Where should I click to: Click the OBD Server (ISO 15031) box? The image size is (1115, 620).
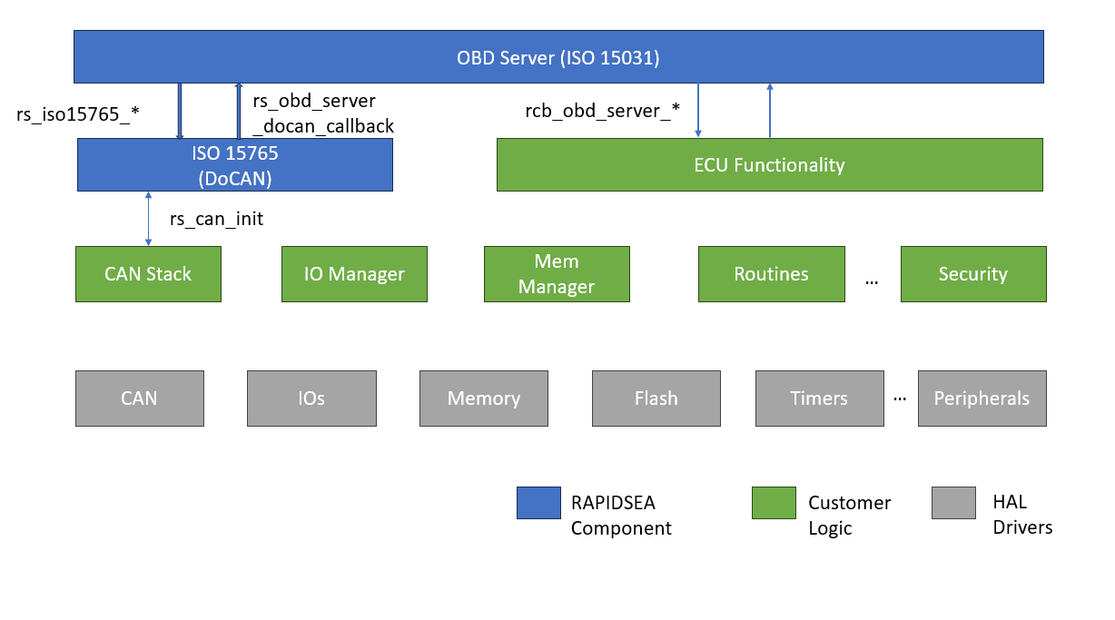point(558,56)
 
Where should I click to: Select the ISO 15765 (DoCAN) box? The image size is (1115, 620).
point(235,164)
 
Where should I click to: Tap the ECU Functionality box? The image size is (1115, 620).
point(770,164)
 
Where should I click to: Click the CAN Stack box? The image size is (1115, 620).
point(148,274)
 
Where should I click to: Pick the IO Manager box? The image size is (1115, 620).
point(354,274)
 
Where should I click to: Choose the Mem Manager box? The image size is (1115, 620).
point(557,274)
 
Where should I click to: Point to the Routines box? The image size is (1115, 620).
point(772,274)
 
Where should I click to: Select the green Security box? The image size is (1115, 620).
point(973,274)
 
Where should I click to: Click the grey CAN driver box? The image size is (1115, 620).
point(140,399)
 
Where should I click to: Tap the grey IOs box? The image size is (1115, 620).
point(311,399)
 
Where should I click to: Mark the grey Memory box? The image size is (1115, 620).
point(484,399)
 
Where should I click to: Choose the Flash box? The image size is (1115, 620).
point(656,399)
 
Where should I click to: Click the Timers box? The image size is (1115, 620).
point(820,399)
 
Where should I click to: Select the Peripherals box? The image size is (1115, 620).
point(982,399)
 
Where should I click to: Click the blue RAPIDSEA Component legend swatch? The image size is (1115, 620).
point(538,503)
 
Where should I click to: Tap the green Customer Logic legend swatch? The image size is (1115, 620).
point(774,503)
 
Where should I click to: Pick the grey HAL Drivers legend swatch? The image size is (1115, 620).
point(953,503)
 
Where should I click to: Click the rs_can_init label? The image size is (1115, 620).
point(216,219)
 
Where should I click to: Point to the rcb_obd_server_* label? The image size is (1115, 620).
point(602,111)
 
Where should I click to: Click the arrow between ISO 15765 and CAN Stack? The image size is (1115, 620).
point(148,219)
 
